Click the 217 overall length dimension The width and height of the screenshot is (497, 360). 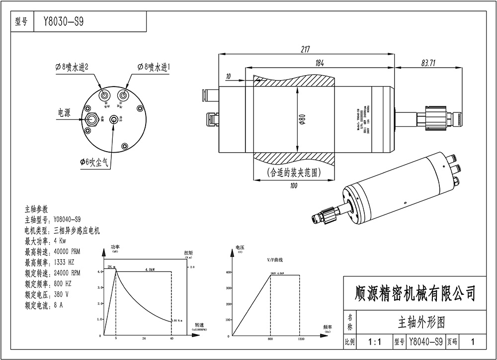[305, 49]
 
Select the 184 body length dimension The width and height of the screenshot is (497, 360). [320, 63]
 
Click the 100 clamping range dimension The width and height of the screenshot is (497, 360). [293, 185]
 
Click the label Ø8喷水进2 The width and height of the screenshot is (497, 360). [72, 67]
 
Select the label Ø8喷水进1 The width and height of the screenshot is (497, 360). [154, 67]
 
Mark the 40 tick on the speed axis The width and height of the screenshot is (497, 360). [172, 338]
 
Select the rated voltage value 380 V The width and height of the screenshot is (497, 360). [61, 294]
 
